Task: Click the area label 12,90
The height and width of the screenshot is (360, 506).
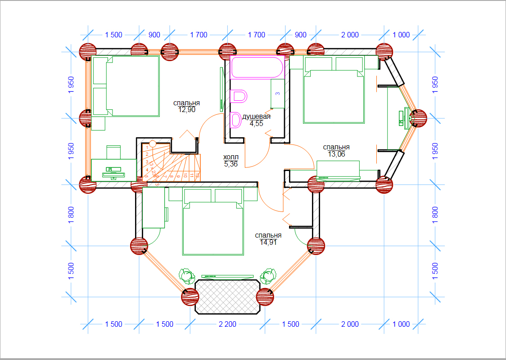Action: click(x=186, y=110)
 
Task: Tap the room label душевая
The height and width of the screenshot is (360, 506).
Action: click(x=256, y=117)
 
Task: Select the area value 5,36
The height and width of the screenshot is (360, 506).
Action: click(x=231, y=164)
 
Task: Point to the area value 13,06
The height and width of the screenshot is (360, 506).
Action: click(x=336, y=154)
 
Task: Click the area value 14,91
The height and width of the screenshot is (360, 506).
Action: click(x=268, y=242)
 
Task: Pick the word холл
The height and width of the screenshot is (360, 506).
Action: click(x=231, y=157)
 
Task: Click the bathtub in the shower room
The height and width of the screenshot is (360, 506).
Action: click(x=257, y=67)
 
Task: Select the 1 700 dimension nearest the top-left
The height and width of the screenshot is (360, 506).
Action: click(x=199, y=35)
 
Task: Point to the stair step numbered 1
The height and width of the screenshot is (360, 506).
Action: click(x=147, y=148)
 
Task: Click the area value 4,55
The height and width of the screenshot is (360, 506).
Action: click(x=256, y=124)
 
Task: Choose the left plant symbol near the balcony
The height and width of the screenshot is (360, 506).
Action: click(x=185, y=274)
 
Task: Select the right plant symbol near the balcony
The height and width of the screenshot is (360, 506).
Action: click(x=269, y=274)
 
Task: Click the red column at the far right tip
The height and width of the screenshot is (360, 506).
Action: click(x=418, y=118)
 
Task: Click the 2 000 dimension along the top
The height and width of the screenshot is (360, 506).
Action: click(x=350, y=35)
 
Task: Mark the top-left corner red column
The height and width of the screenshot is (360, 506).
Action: click(x=88, y=52)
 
